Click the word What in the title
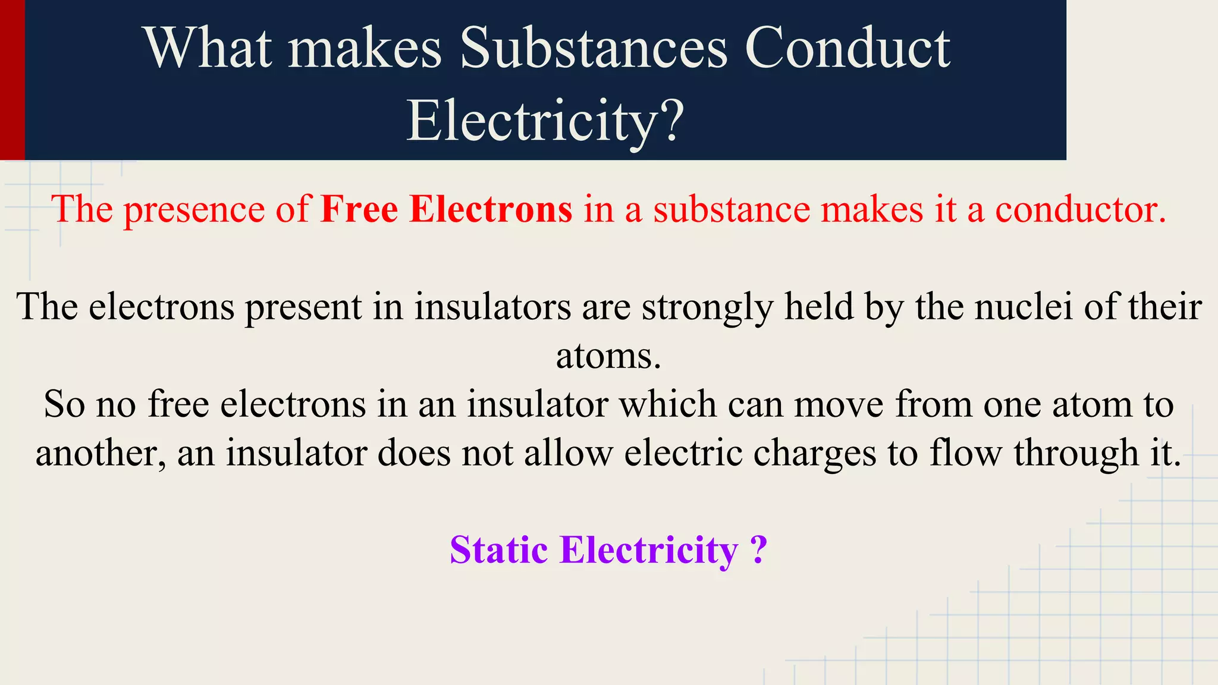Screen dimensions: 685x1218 click(x=208, y=48)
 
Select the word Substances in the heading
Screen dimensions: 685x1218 click(x=593, y=48)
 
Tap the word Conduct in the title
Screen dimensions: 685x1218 click(x=847, y=48)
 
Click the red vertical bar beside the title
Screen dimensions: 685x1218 click(x=12, y=80)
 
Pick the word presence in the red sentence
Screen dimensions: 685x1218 click(x=194, y=210)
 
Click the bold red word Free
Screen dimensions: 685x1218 click(x=359, y=209)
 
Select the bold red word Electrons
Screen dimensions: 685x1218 click(x=491, y=209)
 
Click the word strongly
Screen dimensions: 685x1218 click(x=708, y=307)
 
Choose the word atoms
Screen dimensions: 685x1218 click(x=608, y=356)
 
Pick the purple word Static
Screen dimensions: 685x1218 click(x=498, y=549)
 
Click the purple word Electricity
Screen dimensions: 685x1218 click(x=649, y=549)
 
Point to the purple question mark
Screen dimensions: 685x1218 click(x=758, y=549)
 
